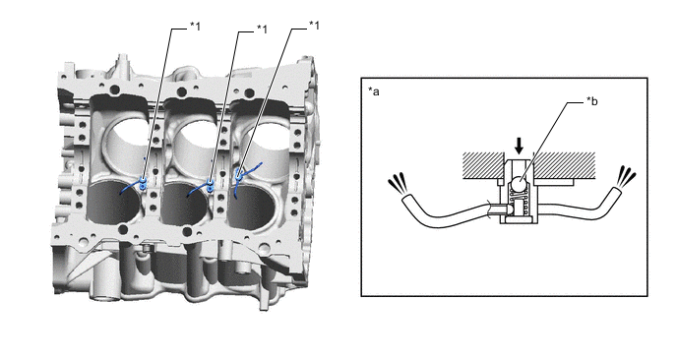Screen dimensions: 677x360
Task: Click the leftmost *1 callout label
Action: tap(196, 27)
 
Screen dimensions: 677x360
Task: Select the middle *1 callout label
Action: tap(262, 29)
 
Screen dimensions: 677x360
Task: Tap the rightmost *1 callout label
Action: tap(314, 26)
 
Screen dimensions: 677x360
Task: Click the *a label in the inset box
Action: tap(374, 91)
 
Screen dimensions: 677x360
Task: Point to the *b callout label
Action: tap(592, 101)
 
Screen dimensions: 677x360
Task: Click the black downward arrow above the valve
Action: tap(519, 146)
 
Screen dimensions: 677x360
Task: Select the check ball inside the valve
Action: tap(520, 186)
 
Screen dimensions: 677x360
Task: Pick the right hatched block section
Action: tap(564, 166)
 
